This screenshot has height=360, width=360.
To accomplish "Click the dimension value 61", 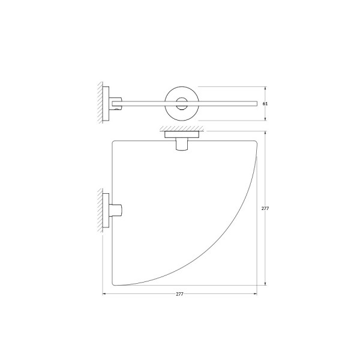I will pos(265,104).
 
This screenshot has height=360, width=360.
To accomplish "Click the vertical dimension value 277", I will pos(265,209).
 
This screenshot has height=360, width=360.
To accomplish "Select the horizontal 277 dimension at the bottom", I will pos(179,294).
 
